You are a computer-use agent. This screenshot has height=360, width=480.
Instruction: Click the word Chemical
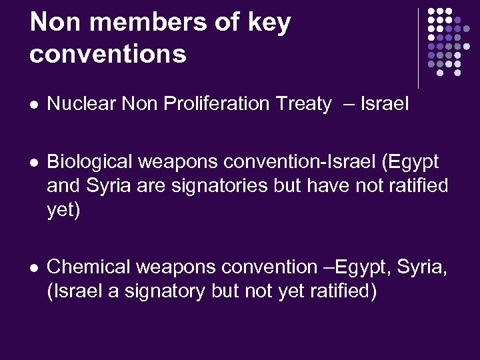coord(89,267)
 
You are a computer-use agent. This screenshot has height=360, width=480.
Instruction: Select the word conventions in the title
coord(108,54)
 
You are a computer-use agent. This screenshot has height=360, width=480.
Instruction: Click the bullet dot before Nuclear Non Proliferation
coord(34,105)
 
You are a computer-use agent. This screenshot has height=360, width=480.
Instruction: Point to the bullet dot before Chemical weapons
coord(34,268)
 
